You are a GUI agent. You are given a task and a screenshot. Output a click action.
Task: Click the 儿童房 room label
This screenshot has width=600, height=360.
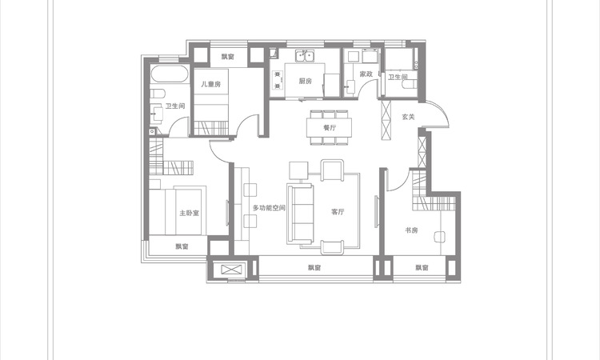coord(211,84)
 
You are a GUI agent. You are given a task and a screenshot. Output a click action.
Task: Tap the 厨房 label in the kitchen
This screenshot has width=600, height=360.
coord(306,81)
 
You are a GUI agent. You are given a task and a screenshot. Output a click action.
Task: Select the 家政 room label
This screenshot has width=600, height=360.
coord(366,74)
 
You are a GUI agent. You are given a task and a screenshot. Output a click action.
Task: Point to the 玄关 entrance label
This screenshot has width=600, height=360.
coord(408,117)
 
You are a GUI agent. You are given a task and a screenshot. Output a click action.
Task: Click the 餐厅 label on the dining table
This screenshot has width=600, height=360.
coord(330,128)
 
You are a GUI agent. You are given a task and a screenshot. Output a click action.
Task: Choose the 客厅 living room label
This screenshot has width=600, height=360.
coord(338,211)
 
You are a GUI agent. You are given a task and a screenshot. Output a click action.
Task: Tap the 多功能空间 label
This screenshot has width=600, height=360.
coord(269,208)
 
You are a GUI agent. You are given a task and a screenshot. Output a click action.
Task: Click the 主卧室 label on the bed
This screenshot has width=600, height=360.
coord(190,213)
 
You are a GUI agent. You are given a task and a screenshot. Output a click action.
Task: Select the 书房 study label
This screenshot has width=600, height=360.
coord(411,230)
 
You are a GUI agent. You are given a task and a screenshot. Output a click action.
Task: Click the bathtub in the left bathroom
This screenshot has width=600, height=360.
coord(169,74)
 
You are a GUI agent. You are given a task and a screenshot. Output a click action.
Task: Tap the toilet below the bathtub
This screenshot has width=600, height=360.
coord(158,94)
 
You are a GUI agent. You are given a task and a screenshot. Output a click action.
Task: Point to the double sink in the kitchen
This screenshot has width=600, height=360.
coord(305,57)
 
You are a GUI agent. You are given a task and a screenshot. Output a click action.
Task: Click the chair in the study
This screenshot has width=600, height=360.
coord(440,237)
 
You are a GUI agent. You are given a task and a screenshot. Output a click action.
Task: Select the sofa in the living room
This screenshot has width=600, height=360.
coord(300,214)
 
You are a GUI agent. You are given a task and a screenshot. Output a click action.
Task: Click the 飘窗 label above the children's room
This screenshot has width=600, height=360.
coord(228,57)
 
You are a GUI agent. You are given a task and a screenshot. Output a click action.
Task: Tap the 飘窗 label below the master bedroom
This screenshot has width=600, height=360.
coord(182,246)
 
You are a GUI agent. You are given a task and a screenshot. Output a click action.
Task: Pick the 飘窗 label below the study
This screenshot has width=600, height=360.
coord(422,268)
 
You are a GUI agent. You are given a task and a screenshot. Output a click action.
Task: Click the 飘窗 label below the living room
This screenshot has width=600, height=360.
coord(314,268)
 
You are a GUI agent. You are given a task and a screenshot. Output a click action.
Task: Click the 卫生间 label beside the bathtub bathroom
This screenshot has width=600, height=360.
coord(175,106)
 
